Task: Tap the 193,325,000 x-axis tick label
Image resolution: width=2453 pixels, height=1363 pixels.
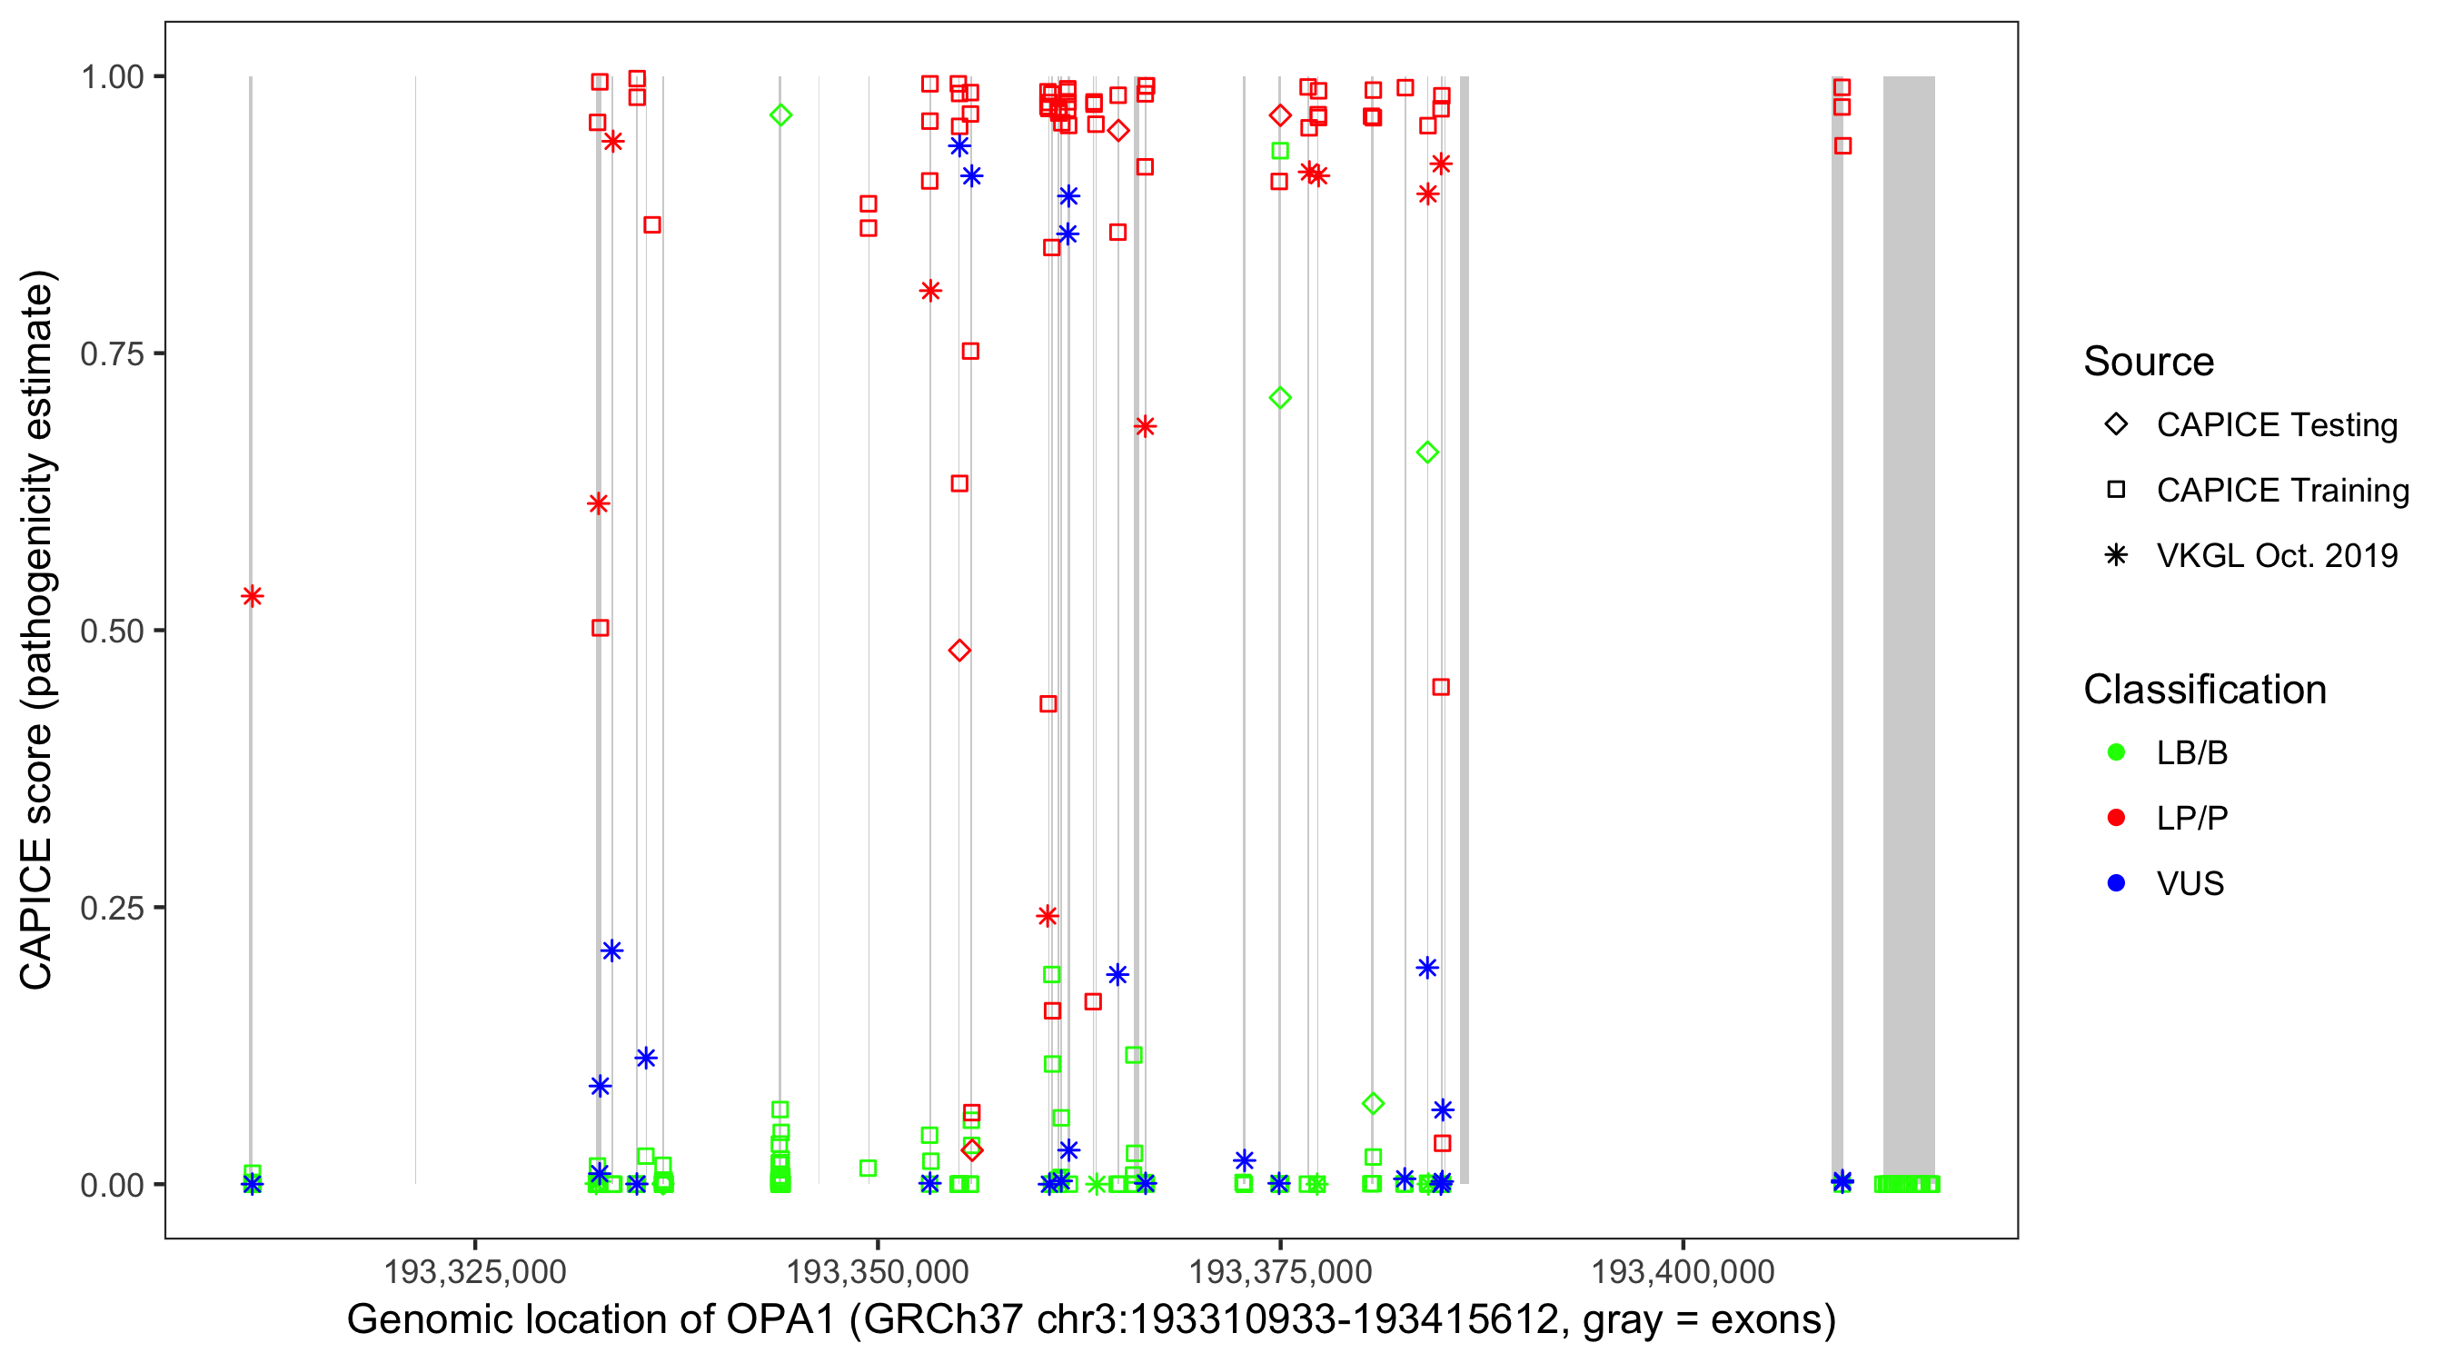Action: [x=474, y=1271]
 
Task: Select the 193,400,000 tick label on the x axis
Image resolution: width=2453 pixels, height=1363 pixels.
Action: [x=1683, y=1271]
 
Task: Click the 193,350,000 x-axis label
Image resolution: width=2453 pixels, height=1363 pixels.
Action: [x=877, y=1271]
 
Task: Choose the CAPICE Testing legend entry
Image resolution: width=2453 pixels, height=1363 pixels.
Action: [x=2276, y=425]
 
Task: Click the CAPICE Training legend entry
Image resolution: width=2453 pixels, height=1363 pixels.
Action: [x=2281, y=491]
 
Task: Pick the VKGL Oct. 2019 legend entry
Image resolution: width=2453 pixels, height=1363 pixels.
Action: [x=2276, y=556]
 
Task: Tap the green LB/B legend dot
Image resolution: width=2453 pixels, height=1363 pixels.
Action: [x=2116, y=752]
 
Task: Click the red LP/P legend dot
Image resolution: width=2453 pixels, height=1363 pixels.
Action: [x=2116, y=818]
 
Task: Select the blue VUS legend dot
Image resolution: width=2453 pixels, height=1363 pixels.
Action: [x=2116, y=884]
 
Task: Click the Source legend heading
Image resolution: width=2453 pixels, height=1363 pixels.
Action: [x=2148, y=362]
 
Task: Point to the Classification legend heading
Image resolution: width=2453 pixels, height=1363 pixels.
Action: [x=2203, y=690]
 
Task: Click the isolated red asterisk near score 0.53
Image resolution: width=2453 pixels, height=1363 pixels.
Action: [x=252, y=596]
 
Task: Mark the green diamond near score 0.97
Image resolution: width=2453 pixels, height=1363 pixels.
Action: [x=780, y=115]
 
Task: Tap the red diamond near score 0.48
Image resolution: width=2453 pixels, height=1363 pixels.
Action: [x=958, y=651]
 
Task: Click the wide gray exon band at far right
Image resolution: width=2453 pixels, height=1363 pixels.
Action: [x=1908, y=629]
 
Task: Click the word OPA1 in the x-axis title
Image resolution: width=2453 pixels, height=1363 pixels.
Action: [x=780, y=1320]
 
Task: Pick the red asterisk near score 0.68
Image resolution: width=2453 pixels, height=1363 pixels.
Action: [x=1145, y=426]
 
